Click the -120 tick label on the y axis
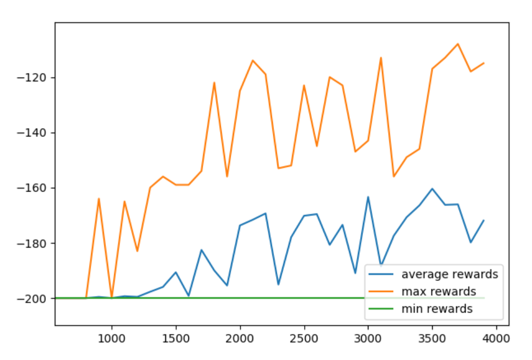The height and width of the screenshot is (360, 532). pyautogui.click(x=35, y=77)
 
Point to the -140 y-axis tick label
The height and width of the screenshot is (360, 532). pyautogui.click(x=35, y=133)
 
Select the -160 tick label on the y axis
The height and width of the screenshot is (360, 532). pyautogui.click(x=35, y=188)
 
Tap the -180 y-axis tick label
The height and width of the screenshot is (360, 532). pyautogui.click(x=35, y=243)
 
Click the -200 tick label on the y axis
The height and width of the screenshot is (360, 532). pyautogui.click(x=35, y=299)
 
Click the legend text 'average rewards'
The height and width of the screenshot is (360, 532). pyautogui.click(x=449, y=274)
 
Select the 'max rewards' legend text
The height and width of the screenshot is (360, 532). pyautogui.click(x=438, y=291)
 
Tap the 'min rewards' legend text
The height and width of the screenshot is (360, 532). pyautogui.click(x=436, y=309)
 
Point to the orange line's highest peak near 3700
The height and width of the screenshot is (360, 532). pyautogui.click(x=458, y=44)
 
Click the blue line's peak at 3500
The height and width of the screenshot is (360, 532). pyautogui.click(x=432, y=189)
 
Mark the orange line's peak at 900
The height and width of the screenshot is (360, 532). pyautogui.click(x=99, y=199)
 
